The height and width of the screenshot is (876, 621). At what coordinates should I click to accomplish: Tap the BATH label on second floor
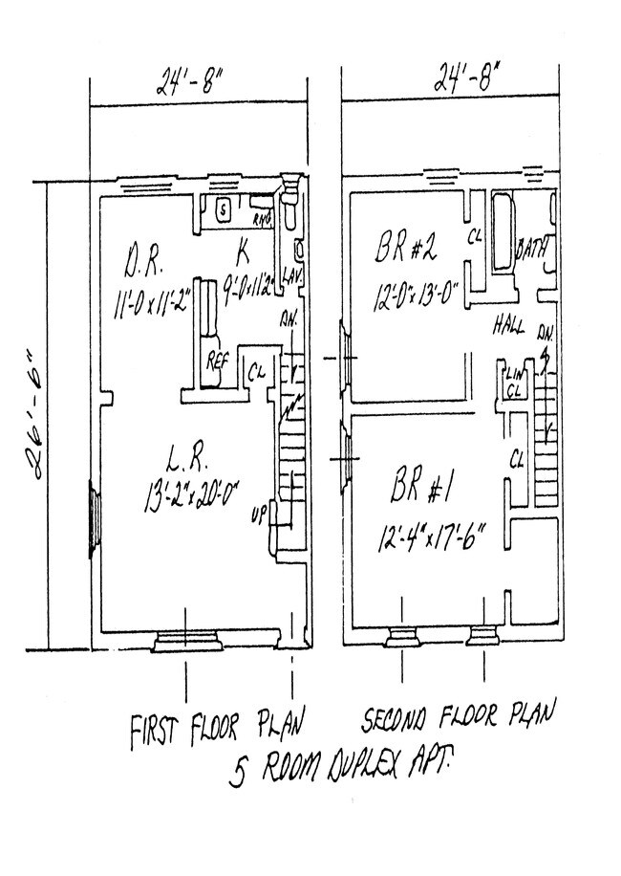tap(530, 251)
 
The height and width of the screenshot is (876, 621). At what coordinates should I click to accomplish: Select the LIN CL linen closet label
tap(514, 382)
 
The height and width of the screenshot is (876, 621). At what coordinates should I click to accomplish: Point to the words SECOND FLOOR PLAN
tap(460, 716)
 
